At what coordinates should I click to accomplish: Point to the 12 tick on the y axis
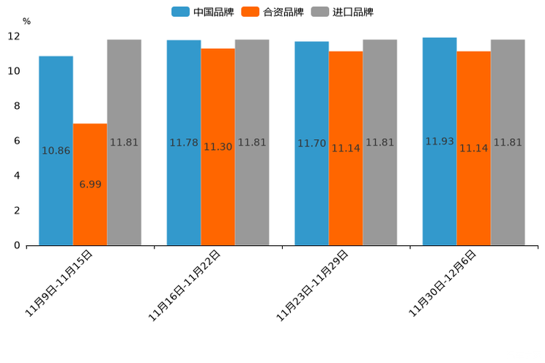click(14, 37)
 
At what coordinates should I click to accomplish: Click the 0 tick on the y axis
click(17, 245)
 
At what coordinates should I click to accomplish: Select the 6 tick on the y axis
click(17, 141)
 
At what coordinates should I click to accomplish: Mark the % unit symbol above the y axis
click(26, 22)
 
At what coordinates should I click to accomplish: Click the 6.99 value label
click(90, 184)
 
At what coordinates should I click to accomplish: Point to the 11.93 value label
click(440, 141)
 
